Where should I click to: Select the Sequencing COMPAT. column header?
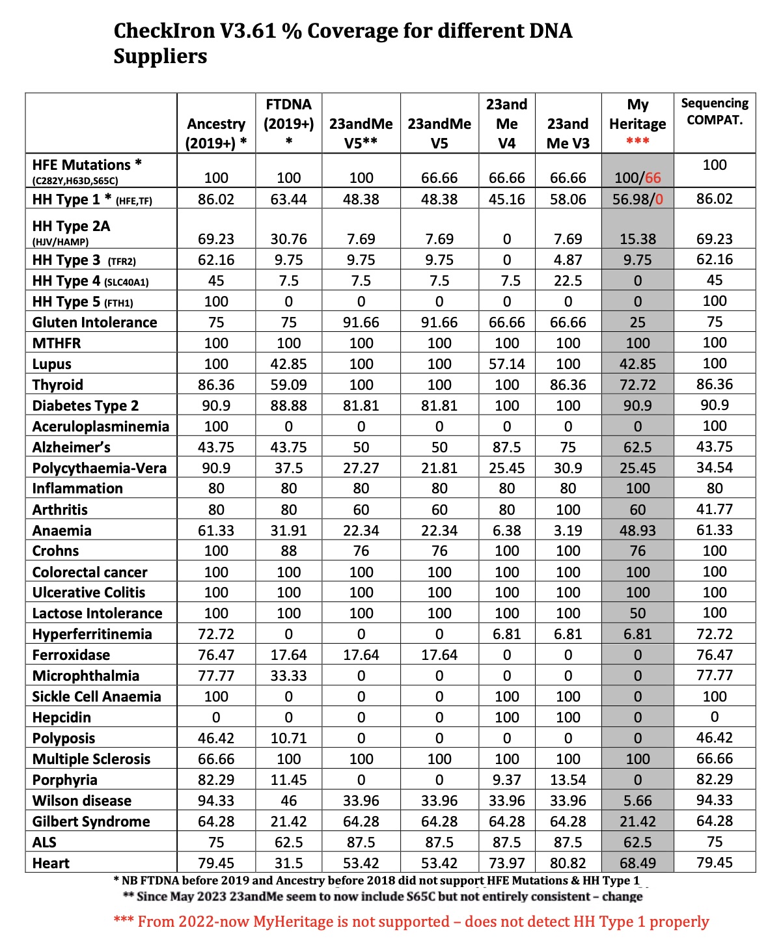[x=715, y=111]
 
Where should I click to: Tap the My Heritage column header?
[x=637, y=115]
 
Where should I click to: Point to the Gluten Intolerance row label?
[x=95, y=322]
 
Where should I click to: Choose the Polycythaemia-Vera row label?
[x=100, y=468]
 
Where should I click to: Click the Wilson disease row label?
[x=82, y=801]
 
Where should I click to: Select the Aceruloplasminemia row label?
[x=101, y=426]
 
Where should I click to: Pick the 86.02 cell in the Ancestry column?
[x=216, y=199]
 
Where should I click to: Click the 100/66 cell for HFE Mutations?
[x=637, y=178]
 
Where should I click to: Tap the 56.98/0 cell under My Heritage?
[x=637, y=199]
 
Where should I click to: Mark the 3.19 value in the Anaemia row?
[x=568, y=530]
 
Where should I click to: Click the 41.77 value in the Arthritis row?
[x=714, y=509]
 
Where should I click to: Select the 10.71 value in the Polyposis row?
[x=288, y=738]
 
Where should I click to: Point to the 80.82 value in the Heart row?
[x=568, y=863]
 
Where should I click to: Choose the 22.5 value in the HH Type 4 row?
[x=568, y=281]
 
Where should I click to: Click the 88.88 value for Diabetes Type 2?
[x=288, y=405]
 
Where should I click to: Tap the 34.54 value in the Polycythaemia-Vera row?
[x=714, y=467]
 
